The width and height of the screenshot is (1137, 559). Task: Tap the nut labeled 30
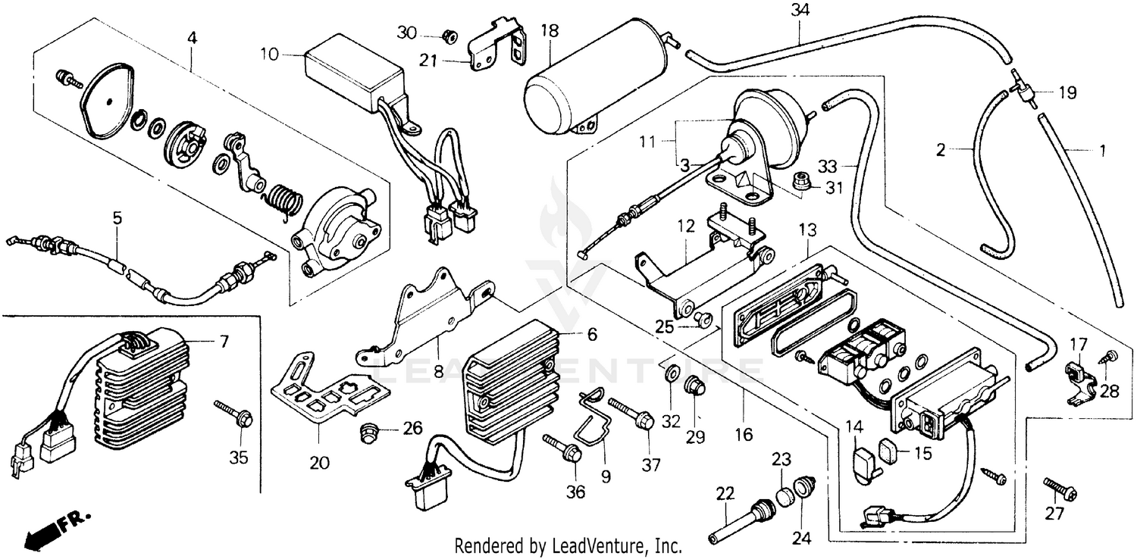[x=449, y=35]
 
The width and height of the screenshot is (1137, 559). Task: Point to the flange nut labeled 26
[x=369, y=433]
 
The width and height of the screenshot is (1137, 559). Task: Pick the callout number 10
[x=270, y=54]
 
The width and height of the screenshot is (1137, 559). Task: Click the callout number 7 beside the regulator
[x=224, y=342]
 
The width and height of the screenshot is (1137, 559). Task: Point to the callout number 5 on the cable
[x=117, y=217]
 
